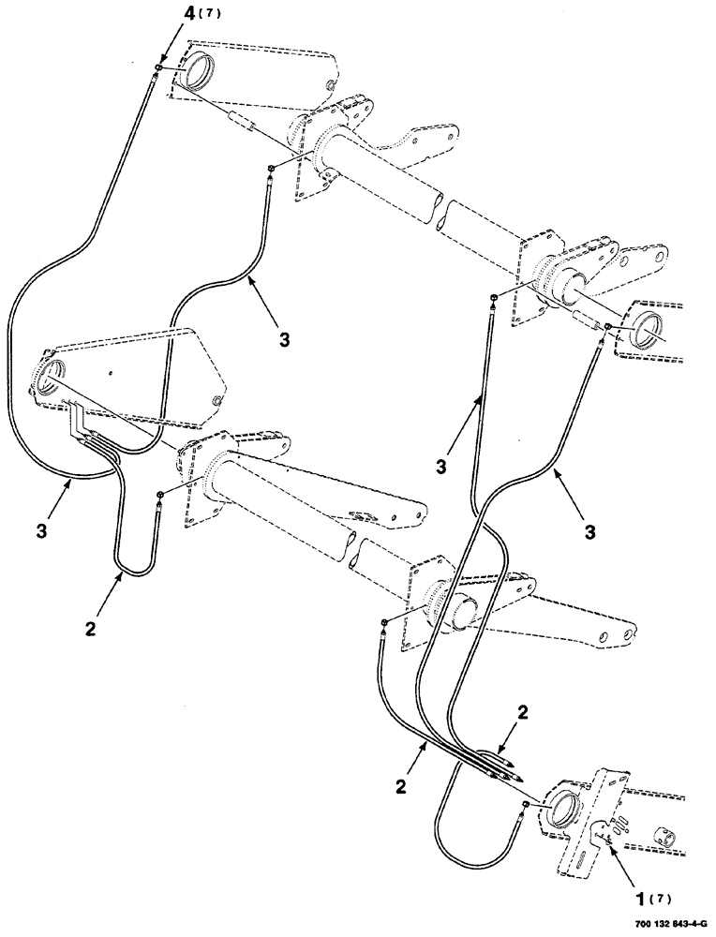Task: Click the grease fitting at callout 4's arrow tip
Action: (160, 68)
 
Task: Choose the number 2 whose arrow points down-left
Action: (522, 713)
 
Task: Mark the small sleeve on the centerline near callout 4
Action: (243, 126)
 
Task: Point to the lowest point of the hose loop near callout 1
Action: (451, 846)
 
